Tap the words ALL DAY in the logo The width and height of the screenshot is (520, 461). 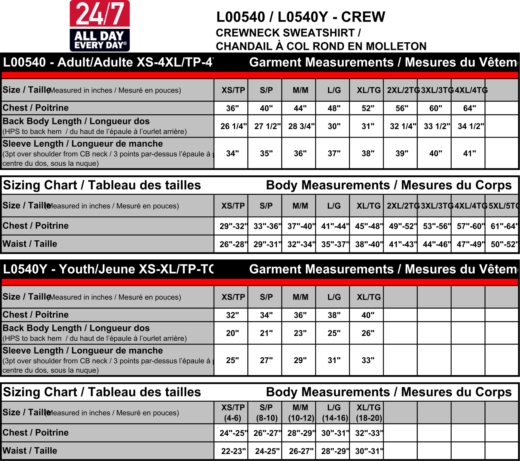[99, 36]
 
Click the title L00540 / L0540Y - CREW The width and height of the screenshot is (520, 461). [301, 17]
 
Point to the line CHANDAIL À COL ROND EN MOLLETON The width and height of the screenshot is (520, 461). [321, 46]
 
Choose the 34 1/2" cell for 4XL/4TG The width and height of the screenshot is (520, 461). [471, 126]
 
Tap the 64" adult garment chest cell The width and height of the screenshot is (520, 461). [469, 108]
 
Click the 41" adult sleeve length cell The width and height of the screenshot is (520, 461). [469, 153]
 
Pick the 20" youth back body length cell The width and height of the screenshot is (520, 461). [232, 333]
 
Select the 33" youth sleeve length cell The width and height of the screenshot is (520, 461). [368, 360]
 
